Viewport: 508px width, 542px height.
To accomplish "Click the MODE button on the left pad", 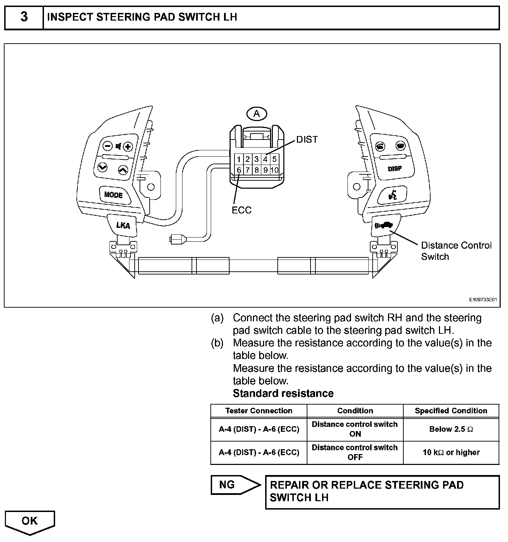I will point(113,195).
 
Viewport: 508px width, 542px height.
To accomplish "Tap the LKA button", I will point(123,225).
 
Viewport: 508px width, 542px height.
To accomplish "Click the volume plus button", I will point(128,146).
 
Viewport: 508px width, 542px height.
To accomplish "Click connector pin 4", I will point(265,159).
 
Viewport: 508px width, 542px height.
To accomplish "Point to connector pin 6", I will point(239,170).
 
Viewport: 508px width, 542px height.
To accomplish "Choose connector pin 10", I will point(274,170).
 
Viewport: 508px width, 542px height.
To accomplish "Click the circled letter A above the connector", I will point(256,114).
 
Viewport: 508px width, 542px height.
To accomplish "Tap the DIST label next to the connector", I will point(307,140).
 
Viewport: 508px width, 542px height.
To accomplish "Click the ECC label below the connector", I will point(241,210).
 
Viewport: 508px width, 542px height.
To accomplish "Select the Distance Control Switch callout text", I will point(456,251).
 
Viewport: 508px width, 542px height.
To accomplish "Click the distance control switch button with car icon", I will point(384,225).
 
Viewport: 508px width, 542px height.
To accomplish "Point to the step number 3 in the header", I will point(24,17).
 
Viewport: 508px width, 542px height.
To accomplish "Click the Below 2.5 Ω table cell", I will point(451,429).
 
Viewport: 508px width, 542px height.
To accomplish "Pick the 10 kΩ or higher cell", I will point(451,452).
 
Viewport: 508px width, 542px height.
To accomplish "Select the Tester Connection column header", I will point(259,411).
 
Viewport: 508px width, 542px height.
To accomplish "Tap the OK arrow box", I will point(30,521).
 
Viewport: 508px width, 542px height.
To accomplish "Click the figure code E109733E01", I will point(482,300).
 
